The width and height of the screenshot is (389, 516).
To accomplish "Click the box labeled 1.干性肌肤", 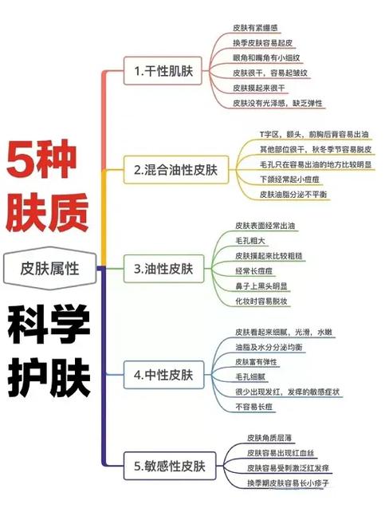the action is (163, 71).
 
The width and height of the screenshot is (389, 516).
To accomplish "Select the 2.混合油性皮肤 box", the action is (176, 170).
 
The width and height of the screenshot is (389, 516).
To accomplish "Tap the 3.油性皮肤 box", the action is (163, 269).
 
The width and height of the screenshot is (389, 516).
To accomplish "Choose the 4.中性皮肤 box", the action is (163, 375).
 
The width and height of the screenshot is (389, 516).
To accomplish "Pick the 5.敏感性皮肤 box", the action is (170, 466).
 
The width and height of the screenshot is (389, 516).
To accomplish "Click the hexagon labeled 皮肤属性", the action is (49, 269).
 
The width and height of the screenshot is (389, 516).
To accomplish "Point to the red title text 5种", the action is (41, 159).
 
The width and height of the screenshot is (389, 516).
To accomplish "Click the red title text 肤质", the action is (47, 212).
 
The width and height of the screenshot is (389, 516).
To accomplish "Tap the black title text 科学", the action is (49, 324).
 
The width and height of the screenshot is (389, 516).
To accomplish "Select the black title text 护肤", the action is (49, 377).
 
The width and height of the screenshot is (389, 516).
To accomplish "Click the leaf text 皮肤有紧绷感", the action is (255, 28).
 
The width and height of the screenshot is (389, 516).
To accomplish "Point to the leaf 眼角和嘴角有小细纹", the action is (266, 58).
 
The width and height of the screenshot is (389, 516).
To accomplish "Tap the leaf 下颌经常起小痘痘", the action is (289, 179).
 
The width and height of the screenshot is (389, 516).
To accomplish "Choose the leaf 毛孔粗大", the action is (250, 241).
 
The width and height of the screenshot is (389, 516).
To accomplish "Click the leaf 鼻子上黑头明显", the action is (261, 286).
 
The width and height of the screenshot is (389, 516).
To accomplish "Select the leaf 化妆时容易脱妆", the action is (261, 301).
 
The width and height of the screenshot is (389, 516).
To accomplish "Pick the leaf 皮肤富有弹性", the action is (256, 362).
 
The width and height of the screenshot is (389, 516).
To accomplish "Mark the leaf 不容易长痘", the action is (253, 407).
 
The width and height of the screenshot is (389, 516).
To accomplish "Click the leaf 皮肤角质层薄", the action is (269, 438).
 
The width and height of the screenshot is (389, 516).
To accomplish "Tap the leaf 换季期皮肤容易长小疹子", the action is (288, 483).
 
